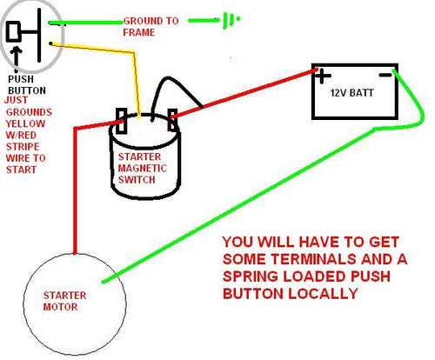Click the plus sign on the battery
pyautogui.click(x=324, y=77)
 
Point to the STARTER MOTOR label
pyautogui.click(x=65, y=301)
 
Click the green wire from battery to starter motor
pyautogui.click(x=261, y=200)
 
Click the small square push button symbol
pyautogui.click(x=15, y=32)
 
